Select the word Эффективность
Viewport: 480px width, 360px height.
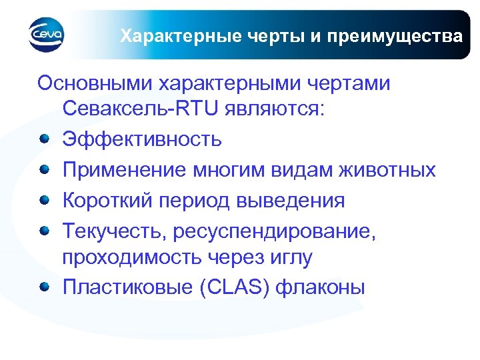point(143,139)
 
